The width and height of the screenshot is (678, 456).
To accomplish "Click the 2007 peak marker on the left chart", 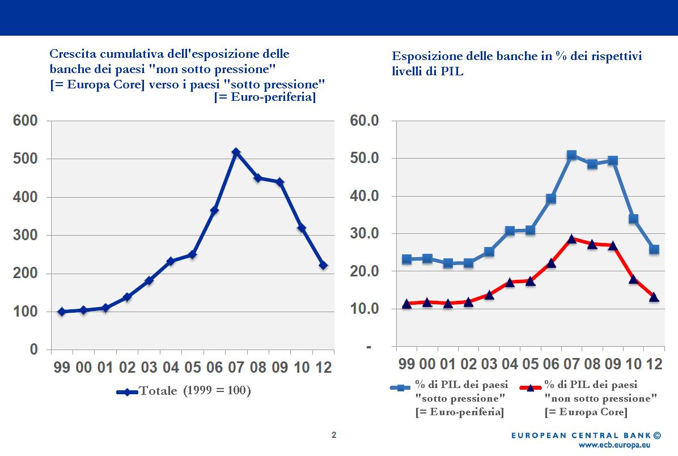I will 236,152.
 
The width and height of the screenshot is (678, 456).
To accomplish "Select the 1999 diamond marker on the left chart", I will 62,312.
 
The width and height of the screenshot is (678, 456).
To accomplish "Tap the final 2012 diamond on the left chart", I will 323,265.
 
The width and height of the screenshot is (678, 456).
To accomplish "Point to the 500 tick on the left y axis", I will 26,159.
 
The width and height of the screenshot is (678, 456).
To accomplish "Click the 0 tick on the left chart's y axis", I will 33,350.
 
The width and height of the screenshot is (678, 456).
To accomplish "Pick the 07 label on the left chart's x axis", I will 236,367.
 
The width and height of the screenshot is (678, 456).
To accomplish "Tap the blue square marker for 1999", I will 406,259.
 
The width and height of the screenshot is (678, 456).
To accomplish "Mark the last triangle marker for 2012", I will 654,297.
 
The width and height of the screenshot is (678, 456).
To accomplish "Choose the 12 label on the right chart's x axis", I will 654,364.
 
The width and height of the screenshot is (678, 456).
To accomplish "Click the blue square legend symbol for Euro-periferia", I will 401,387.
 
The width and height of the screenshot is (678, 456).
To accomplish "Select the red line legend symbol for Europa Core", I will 531,387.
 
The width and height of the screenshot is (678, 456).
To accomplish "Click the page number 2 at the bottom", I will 334,435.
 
